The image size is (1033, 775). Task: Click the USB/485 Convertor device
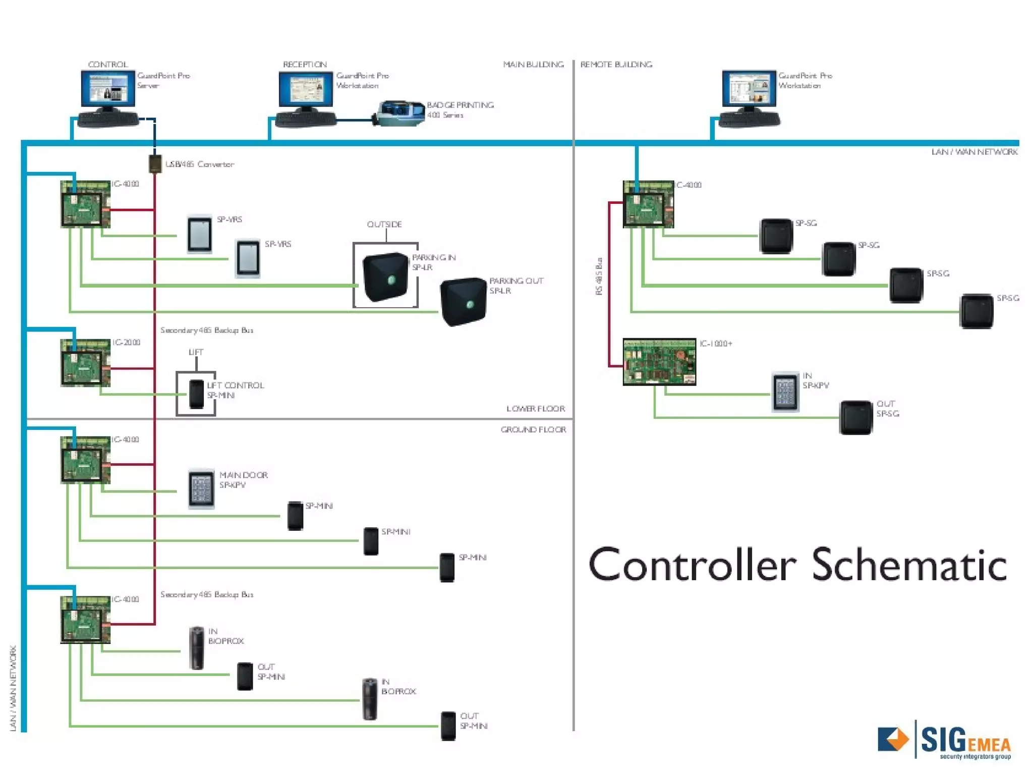(x=155, y=164)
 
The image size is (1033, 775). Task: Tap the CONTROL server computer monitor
(x=108, y=89)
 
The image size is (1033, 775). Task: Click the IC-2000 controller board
(x=85, y=363)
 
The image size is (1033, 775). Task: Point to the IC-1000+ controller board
(x=659, y=362)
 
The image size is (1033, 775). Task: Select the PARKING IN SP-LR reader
(x=385, y=277)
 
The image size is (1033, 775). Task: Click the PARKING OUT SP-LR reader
(x=463, y=301)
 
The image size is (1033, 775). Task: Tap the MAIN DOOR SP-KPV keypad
(x=201, y=488)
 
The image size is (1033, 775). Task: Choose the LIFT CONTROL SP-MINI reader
(x=196, y=394)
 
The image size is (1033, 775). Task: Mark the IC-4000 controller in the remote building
(x=648, y=204)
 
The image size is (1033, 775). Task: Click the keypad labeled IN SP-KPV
(x=785, y=392)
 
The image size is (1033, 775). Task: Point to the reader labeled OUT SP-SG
(x=855, y=417)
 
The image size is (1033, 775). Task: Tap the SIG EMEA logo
(x=944, y=741)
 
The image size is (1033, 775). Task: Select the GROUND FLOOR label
(x=533, y=429)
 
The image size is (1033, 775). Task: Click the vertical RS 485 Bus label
(x=599, y=276)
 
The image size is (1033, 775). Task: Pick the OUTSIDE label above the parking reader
(x=384, y=224)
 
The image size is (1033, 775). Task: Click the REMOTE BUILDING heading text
(x=616, y=65)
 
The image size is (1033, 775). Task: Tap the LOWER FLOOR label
(x=535, y=409)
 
